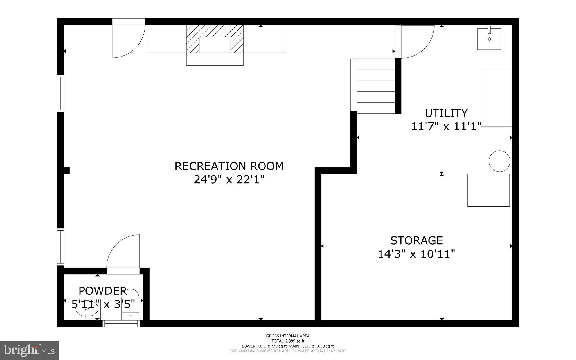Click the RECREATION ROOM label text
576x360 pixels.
229,166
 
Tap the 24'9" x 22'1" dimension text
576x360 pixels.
229,179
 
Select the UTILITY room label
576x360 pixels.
446,113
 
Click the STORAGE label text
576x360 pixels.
417,241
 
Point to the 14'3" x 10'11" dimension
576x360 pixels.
416,254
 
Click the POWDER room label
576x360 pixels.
102,291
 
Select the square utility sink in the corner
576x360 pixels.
489,39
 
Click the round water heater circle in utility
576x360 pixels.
499,161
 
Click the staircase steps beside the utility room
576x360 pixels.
375,86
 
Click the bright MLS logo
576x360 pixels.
29,350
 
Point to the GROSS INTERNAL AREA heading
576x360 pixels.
288,336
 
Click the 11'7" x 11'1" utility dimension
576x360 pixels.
446,127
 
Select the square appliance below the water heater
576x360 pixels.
489,190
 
